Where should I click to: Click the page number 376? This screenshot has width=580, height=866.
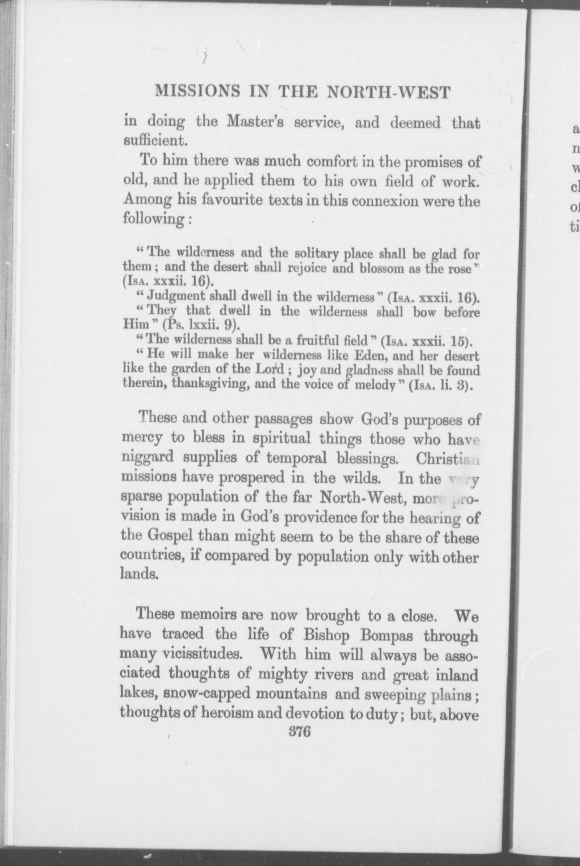(x=300, y=731)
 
